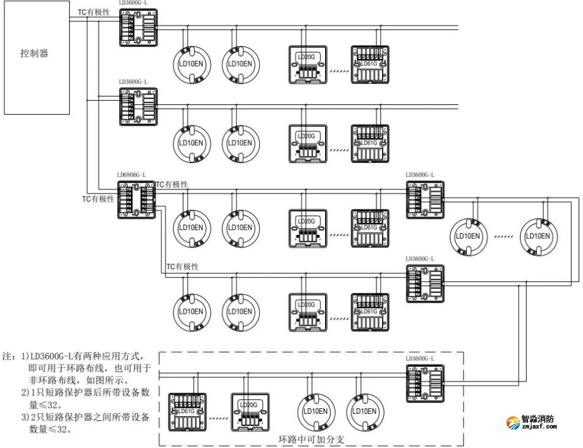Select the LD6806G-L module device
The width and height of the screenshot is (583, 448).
[137, 199]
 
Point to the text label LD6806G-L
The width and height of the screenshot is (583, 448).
[132, 175]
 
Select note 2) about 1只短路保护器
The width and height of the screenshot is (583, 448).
[86, 398]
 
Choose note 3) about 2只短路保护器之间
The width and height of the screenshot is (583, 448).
[86, 423]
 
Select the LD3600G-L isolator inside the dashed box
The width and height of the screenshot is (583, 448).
[425, 382]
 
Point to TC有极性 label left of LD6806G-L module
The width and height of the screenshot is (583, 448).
[98, 199]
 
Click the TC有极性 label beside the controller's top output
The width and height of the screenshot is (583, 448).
[94, 12]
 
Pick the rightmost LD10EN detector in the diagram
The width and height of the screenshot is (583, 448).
[538, 236]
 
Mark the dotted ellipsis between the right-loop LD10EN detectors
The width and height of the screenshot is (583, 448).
[503, 236]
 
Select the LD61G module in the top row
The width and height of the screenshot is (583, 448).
[369, 64]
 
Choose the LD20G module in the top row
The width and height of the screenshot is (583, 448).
[307, 64]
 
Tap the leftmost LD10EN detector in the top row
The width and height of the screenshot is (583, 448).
[191, 63]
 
